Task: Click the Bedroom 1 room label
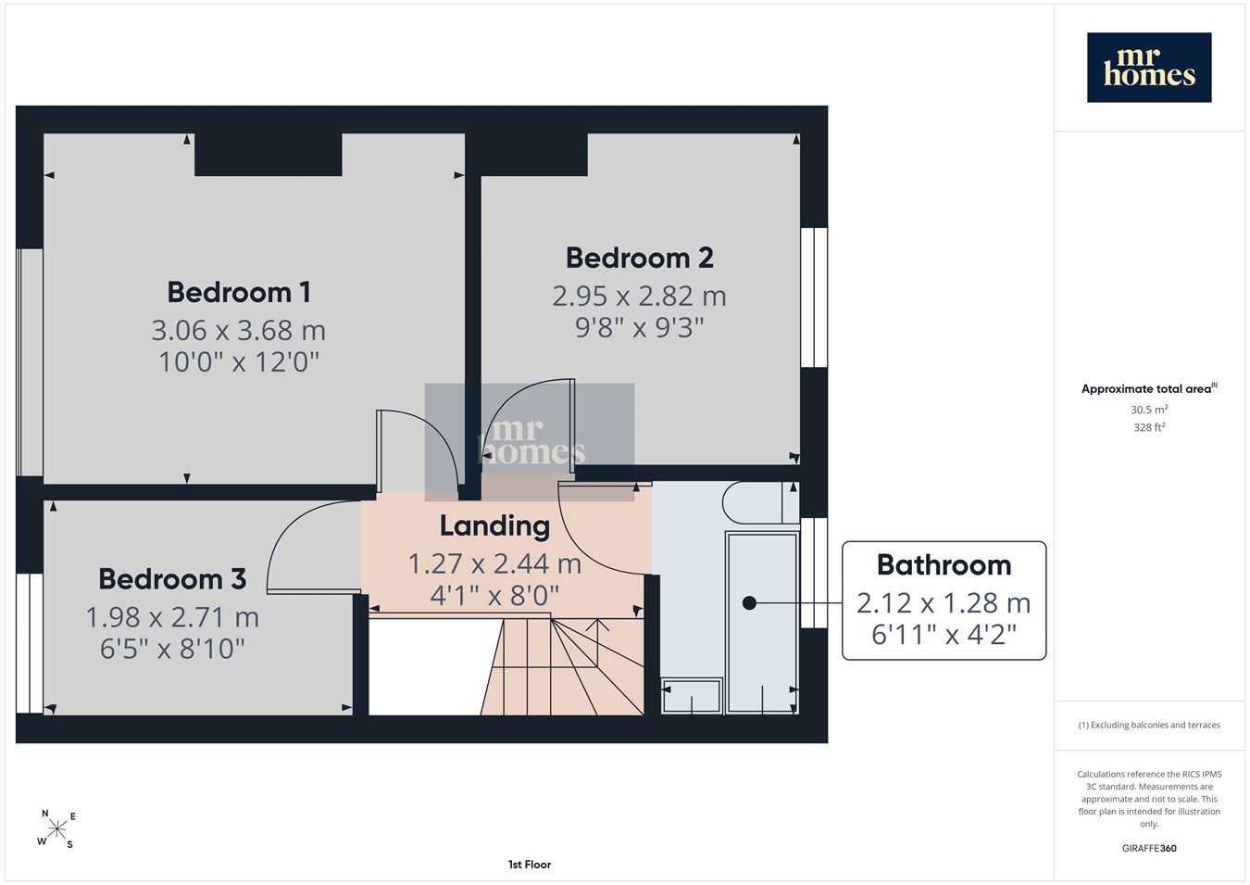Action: (239, 293)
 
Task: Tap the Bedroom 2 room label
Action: (640, 258)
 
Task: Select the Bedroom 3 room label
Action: (172, 579)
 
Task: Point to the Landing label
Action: (495, 526)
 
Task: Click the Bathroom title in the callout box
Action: (944, 565)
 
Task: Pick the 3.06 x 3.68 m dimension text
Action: (239, 331)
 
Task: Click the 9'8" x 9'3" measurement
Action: (640, 328)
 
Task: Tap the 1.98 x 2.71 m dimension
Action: (172, 617)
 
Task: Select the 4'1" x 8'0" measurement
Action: (495, 596)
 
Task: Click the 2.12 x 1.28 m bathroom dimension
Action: (944, 603)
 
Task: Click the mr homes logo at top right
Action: (1149, 68)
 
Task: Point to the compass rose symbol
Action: (56, 829)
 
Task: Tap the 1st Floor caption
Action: (530, 865)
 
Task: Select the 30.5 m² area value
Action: (1149, 410)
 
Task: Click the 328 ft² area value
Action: (1149, 427)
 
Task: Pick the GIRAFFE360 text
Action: (1149, 848)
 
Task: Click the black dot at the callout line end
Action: (749, 603)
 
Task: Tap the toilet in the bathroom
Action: (760, 502)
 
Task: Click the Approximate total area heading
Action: (1149, 388)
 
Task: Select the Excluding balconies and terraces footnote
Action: (1149, 725)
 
